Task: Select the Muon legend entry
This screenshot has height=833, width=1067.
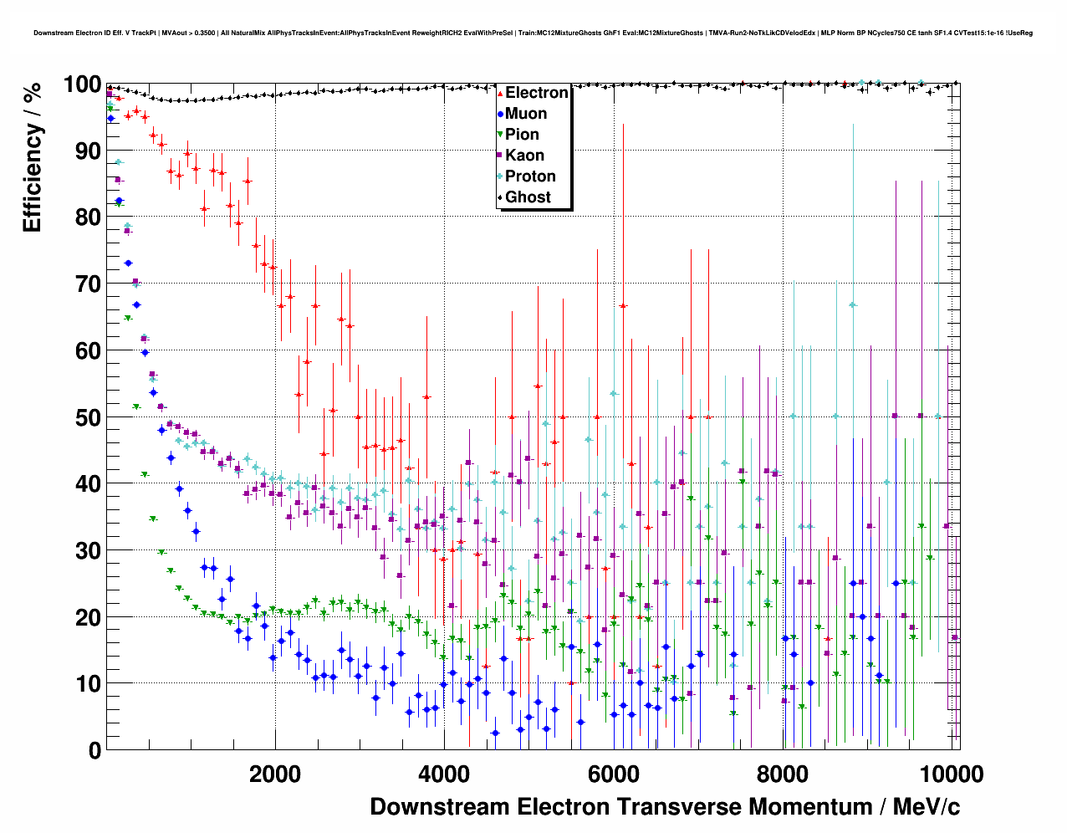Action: [x=526, y=114]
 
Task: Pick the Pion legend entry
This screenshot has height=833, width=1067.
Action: [x=522, y=135]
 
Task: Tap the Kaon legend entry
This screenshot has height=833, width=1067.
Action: [x=524, y=156]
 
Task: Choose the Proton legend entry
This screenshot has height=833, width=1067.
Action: [x=530, y=176]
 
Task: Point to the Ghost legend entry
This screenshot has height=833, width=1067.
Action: [x=528, y=197]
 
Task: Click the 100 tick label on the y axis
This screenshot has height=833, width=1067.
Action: [x=82, y=84]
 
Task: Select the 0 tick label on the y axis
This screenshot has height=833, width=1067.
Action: [x=95, y=750]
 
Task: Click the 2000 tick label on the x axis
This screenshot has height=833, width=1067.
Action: [x=274, y=774]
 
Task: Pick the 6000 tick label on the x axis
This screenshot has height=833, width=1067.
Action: [x=613, y=774]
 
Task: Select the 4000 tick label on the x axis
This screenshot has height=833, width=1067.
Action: [x=444, y=774]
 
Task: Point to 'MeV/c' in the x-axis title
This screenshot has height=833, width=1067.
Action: [x=927, y=807]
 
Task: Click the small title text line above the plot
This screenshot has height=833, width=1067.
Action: [x=533, y=33]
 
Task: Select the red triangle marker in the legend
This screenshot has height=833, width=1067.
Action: [x=500, y=93]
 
